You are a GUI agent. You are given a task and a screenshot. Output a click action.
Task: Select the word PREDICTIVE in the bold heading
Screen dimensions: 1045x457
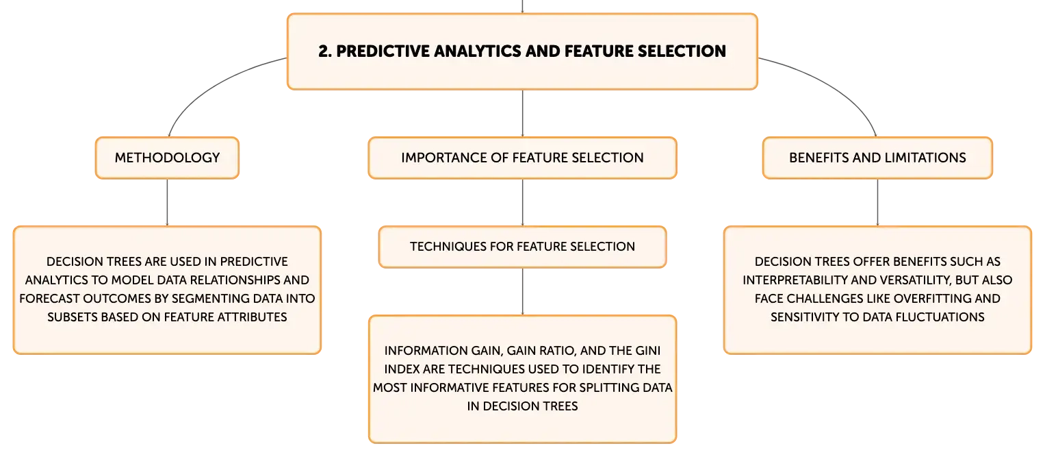click(x=383, y=51)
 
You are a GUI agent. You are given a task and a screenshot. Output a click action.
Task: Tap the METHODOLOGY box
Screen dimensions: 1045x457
click(x=167, y=158)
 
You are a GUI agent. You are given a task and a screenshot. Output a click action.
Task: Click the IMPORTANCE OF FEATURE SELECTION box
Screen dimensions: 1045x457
click(x=523, y=158)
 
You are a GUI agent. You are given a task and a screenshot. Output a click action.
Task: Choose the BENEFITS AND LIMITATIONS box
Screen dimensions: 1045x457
click(x=877, y=158)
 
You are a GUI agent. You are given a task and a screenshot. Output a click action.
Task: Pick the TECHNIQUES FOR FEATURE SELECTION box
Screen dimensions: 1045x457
click(x=523, y=247)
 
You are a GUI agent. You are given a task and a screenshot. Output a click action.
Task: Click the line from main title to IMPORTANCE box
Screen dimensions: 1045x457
click(x=523, y=113)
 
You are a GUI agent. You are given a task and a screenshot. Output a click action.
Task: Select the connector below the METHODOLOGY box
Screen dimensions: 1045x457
click(x=167, y=202)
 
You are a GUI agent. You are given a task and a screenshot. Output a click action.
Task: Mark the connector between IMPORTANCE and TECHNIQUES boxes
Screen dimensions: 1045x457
click(x=523, y=202)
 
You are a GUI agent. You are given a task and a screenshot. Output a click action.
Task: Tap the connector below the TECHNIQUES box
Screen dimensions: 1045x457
click(x=523, y=292)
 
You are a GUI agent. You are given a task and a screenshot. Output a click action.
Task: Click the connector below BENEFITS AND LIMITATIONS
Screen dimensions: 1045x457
click(x=877, y=202)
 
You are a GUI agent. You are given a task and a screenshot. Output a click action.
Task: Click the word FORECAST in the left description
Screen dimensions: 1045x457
click(x=49, y=299)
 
